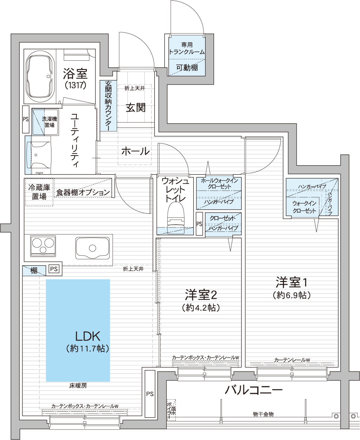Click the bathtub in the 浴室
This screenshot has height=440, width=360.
tap(40, 77)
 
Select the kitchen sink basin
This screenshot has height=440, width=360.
tap(92, 248)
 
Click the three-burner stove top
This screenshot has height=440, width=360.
tap(43, 246)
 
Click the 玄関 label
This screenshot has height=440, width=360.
tap(135, 108)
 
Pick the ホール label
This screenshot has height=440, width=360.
tap(135, 152)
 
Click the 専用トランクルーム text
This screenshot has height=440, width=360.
tap(187, 48)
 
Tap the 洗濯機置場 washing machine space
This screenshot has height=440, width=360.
tap(45, 122)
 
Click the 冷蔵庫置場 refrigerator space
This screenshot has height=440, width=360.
tap(39, 192)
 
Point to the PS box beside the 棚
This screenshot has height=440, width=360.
tap(54, 269)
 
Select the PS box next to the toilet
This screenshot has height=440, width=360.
tap(199, 224)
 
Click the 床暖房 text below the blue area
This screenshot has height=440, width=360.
tap(78, 386)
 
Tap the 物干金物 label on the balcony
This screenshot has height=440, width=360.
tap(263, 414)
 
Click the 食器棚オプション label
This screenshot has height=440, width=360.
tap(83, 192)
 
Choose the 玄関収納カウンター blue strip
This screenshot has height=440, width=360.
tap(108, 106)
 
